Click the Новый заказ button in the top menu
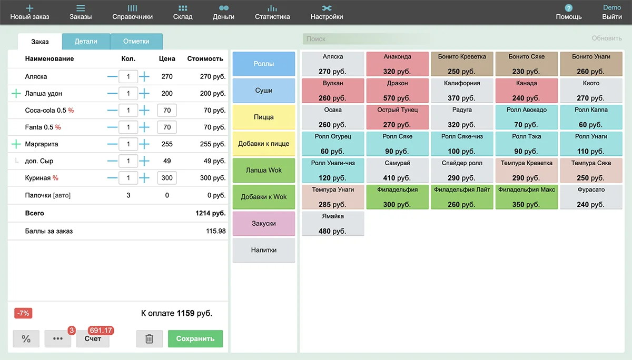[29, 12]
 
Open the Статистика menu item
[272, 12]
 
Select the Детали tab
[86, 41]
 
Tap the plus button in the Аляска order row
[144, 77]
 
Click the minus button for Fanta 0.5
[112, 127]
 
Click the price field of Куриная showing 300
[167, 178]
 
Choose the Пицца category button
[263, 117]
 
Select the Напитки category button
[263, 250]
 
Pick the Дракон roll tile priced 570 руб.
[397, 91]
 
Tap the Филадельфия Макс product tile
[526, 197]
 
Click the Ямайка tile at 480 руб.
[332, 224]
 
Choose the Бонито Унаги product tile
[590, 64]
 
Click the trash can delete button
[149, 339]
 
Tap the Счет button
[93, 339]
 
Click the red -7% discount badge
[23, 313]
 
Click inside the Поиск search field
[366, 39]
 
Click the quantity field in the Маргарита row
[128, 144]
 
